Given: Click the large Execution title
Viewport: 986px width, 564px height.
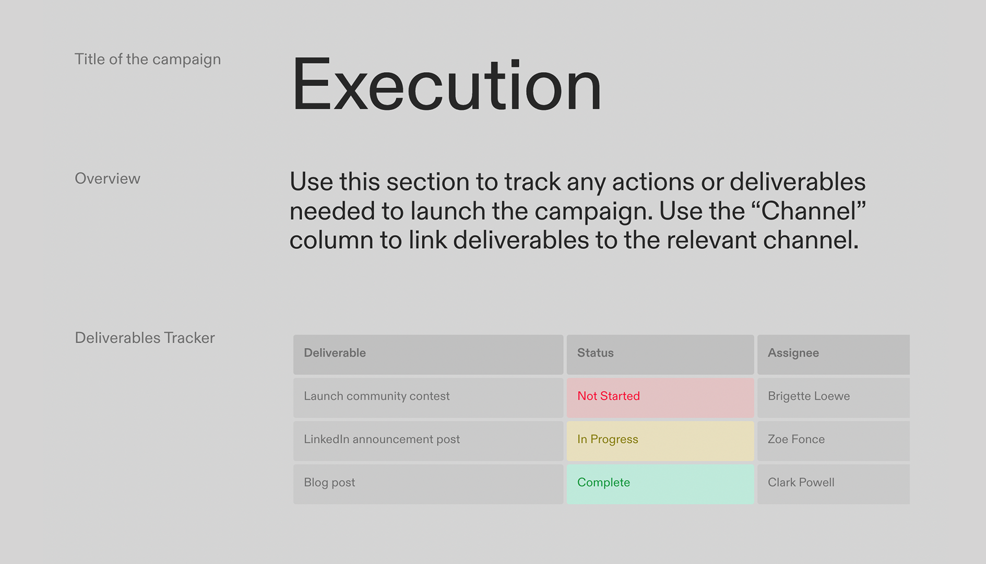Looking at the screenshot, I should pyautogui.click(x=446, y=85).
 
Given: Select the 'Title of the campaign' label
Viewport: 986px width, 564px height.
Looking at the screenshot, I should pyautogui.click(x=148, y=60).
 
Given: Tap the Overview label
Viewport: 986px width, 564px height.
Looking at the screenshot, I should pyautogui.click(x=108, y=179).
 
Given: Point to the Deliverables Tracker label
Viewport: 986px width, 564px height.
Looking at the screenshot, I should pyautogui.click(x=145, y=338).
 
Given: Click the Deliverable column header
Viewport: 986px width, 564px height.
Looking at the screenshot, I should pyautogui.click(x=335, y=353).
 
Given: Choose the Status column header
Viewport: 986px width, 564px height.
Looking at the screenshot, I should pyautogui.click(x=595, y=353).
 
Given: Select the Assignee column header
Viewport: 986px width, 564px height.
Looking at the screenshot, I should pyautogui.click(x=793, y=353).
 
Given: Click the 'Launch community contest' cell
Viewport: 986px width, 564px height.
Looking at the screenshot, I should pyautogui.click(x=376, y=396).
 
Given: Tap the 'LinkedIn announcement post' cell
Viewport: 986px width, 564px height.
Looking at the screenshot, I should pyautogui.click(x=382, y=440).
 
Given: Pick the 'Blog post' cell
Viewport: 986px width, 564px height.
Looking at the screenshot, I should pyautogui.click(x=329, y=483).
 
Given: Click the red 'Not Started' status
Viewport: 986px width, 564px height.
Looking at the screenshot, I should pyautogui.click(x=608, y=396).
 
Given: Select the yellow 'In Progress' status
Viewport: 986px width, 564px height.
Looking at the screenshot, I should pyautogui.click(x=608, y=440).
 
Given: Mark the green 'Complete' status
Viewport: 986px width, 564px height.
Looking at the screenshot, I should pyautogui.click(x=603, y=483).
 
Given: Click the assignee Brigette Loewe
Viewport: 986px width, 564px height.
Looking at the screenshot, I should pyautogui.click(x=809, y=396).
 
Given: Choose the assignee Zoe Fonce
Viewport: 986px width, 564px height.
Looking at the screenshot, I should pyautogui.click(x=796, y=440).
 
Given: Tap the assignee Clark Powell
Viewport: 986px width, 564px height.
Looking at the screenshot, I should pyautogui.click(x=801, y=483).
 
